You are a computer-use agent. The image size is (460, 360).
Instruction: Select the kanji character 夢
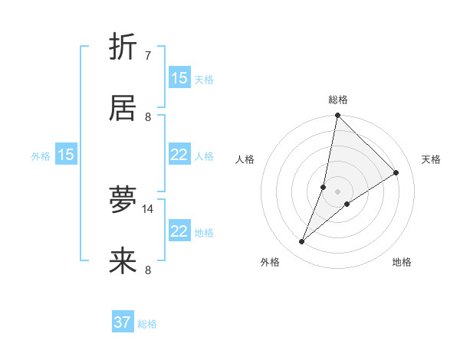coord(123,199)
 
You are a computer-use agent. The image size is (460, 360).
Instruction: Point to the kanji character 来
coord(123,262)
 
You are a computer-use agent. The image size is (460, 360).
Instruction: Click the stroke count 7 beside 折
coord(148,55)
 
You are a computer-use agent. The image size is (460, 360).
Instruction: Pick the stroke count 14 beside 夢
coord(148,208)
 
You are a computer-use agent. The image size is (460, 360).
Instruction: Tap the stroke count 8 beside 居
coord(148,117)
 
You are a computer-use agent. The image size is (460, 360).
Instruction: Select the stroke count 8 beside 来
coord(148,270)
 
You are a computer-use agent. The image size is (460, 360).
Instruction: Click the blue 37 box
coord(123,322)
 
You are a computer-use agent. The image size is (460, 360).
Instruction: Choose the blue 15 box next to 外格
coord(66,155)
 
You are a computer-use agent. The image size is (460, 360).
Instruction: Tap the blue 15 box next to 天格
coord(179,78)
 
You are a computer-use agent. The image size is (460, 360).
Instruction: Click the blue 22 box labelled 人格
coord(179,155)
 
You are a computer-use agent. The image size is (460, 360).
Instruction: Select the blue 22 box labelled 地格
coord(179,231)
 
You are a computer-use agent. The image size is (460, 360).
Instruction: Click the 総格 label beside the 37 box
coord(147,324)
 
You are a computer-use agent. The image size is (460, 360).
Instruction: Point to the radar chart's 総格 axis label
coord(338,100)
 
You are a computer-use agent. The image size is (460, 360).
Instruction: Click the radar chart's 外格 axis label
coord(270,262)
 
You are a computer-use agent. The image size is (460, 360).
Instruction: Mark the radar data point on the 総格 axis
coord(337,116)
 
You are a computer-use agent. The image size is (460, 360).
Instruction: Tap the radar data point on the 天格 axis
coord(396,173)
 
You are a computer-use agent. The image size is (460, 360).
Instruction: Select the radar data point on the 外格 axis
coord(302,242)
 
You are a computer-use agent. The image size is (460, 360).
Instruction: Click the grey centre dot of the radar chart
coord(337,191)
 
